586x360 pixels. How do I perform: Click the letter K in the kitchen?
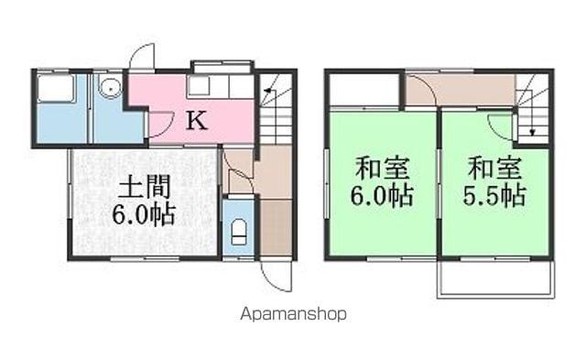tap(197, 120)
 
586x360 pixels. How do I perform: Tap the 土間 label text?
tap(144, 187)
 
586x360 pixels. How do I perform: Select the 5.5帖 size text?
tap(494, 195)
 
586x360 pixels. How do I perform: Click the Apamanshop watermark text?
tap(293, 314)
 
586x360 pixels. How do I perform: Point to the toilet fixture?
tap(239, 232)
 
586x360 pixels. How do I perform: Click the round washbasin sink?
tap(110, 88)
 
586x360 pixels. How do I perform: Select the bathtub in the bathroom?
tap(56, 88)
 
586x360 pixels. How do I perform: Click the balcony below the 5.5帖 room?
tap(495, 279)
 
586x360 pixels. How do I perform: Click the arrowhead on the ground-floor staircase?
tap(266, 90)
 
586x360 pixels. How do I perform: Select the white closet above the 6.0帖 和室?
tap(364, 90)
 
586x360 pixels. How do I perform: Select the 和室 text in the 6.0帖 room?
tap(383, 168)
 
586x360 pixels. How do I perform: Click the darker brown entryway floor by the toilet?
tap(276, 227)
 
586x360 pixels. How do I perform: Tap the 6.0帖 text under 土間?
tap(144, 214)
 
